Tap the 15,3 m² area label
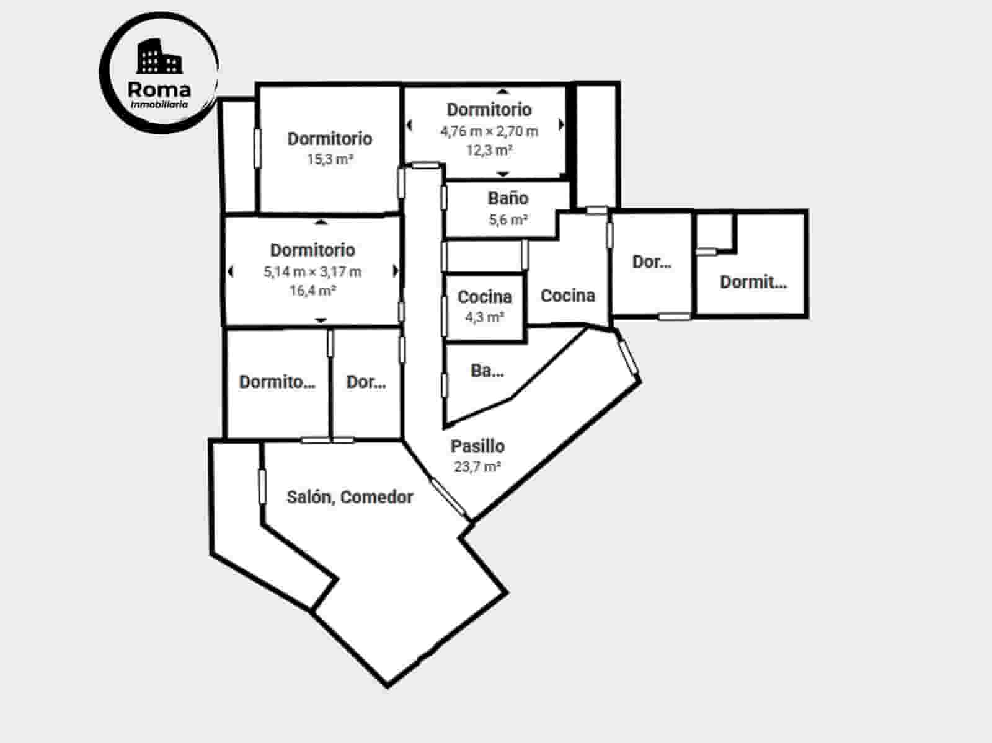pos(330,159)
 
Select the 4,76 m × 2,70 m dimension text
pos(489,131)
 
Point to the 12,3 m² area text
pos(489,150)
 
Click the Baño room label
pos(508,198)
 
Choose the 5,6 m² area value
pos(508,219)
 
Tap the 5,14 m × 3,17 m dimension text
pos(312,271)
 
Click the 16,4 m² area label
pos(312,290)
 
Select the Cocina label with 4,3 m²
pos(485,297)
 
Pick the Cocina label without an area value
pos(568,296)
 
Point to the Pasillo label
pos(477,446)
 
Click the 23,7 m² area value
pos(477,467)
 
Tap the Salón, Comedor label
pos(350,497)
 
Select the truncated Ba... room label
pos(487,371)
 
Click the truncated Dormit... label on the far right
pos(753,282)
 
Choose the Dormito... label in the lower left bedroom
pos(277,382)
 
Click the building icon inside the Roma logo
pos(159,57)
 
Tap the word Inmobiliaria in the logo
pos(159,105)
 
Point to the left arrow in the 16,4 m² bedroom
pos(231,271)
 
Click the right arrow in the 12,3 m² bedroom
pos(562,125)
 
